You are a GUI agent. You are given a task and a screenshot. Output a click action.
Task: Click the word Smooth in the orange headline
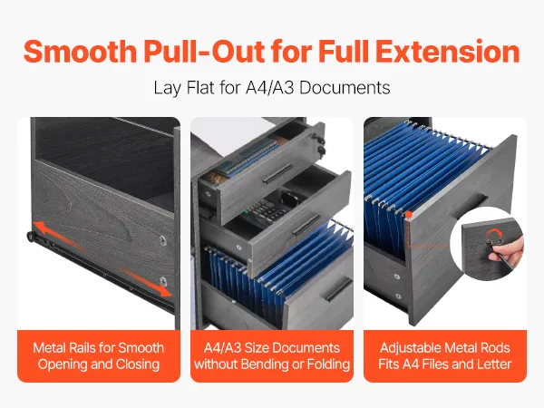[80, 52]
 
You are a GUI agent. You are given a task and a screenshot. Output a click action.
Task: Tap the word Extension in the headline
[448, 52]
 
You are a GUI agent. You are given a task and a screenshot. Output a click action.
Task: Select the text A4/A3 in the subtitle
[270, 87]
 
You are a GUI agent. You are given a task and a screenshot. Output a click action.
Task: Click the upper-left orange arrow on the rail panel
[59, 235]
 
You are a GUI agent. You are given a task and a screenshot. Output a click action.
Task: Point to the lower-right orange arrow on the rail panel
[143, 281]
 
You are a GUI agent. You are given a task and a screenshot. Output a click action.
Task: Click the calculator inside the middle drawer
[267, 212]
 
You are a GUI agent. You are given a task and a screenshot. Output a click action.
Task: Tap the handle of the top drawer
[277, 173]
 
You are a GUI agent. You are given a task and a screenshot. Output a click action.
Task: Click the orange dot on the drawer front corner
[409, 215]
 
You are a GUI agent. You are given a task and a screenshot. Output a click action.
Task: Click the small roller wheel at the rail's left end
[31, 237]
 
